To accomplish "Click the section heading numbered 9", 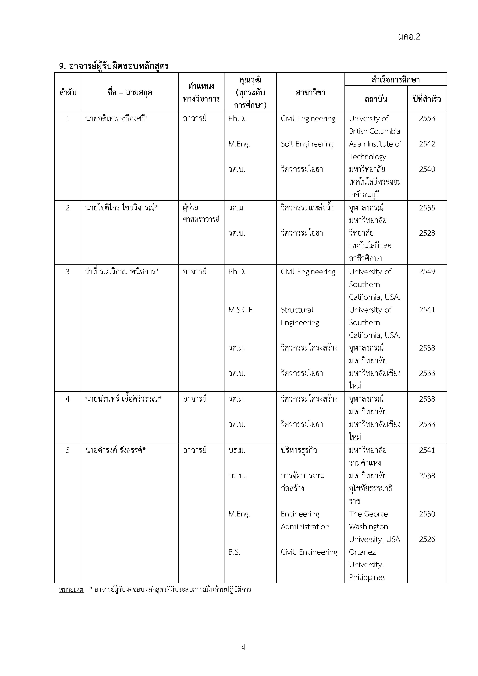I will tap(114, 66).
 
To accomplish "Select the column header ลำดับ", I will tap(68, 93).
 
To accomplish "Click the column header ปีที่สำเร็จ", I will tap(427, 99).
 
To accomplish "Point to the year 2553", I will tap(427, 119).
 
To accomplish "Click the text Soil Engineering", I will tap(307, 144).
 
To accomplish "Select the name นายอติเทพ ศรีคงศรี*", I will tap(117, 119).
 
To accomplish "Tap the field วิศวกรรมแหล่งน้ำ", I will tap(307, 208).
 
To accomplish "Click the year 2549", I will tap(427, 272).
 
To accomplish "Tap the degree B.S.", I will tap(234, 552).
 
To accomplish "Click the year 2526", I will tap(427, 539).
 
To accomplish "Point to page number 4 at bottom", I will tap(243, 647).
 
